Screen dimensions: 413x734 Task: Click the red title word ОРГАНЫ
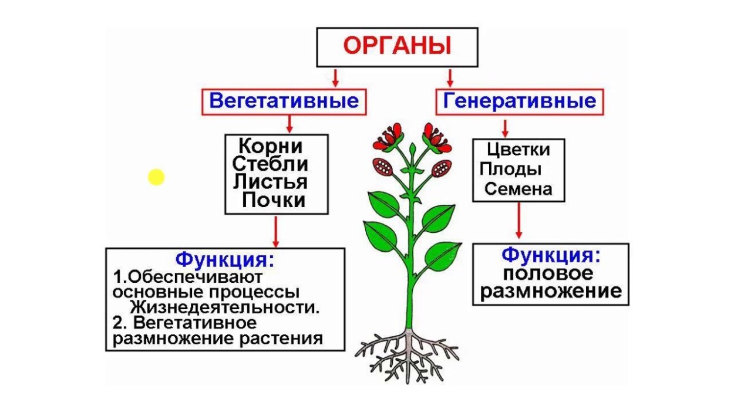coord(397,46)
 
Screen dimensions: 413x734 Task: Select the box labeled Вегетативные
coord(284,101)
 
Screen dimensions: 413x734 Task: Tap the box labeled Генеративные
coord(520,101)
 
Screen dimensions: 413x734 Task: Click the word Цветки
coord(518,150)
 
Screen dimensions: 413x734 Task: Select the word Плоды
coord(510,170)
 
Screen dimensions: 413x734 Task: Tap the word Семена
coord(518,189)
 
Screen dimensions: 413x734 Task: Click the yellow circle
coord(156,177)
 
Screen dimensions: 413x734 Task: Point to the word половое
coord(548,273)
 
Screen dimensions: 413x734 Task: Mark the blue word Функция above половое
coord(550,255)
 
